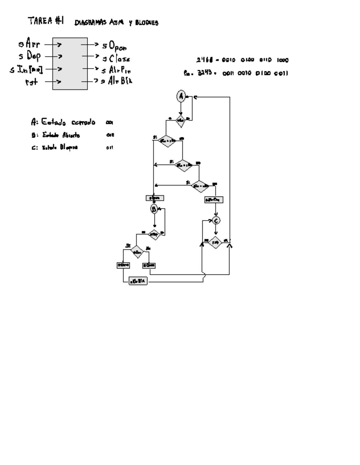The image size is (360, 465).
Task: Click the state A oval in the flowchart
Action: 181,96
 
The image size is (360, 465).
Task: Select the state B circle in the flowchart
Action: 154,209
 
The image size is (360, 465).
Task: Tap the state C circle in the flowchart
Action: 216,220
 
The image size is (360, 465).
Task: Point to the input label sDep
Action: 30,56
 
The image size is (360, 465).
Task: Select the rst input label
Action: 31,82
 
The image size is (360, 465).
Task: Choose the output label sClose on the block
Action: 116,58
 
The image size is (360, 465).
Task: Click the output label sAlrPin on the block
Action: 116,70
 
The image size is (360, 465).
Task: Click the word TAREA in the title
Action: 40,21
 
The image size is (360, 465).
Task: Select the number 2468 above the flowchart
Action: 205,60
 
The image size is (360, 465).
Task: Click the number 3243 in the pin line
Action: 205,73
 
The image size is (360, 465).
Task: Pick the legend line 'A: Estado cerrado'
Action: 63,122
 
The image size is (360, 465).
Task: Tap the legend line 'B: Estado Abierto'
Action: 56,135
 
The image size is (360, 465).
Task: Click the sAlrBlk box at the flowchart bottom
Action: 138,282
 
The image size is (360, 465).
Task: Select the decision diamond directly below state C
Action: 215,242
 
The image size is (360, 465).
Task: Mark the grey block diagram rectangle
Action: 70,64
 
